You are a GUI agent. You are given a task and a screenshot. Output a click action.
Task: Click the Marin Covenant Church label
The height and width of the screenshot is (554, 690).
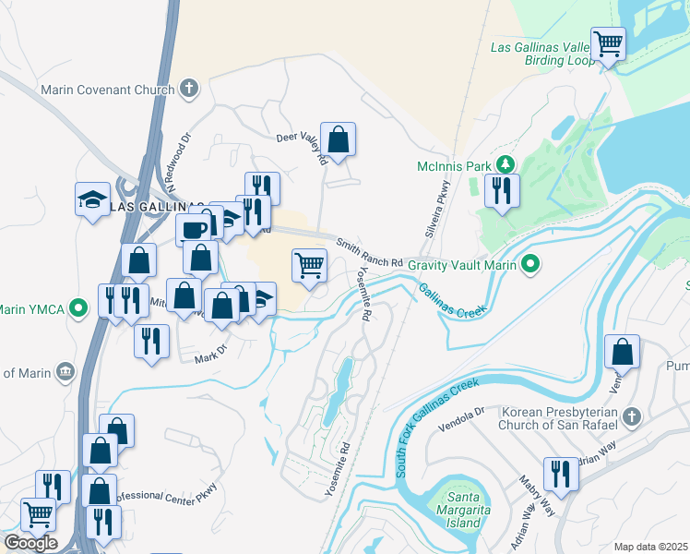pos(107,90)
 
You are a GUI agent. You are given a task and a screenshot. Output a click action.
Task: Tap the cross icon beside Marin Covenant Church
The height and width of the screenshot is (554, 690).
pos(189,90)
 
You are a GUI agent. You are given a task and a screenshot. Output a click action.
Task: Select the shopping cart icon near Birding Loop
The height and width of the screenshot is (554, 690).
pos(608,42)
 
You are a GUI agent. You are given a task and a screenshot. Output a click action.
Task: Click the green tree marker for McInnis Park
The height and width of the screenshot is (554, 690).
pos(504,165)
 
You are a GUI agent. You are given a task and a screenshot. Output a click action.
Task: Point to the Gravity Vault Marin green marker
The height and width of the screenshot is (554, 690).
pos(529,266)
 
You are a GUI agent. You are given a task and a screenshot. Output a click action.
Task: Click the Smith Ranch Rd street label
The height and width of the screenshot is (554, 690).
pos(369,248)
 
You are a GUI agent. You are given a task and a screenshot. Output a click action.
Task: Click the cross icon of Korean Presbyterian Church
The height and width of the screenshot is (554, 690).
pos(631,416)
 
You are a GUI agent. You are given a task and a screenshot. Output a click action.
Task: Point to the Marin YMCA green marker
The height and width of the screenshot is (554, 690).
pos(80,307)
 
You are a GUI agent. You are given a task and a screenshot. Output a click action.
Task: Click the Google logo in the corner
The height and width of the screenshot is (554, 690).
pos(31,542)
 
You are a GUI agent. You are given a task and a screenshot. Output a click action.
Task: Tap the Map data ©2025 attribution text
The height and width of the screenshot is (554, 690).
pos(649,547)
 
